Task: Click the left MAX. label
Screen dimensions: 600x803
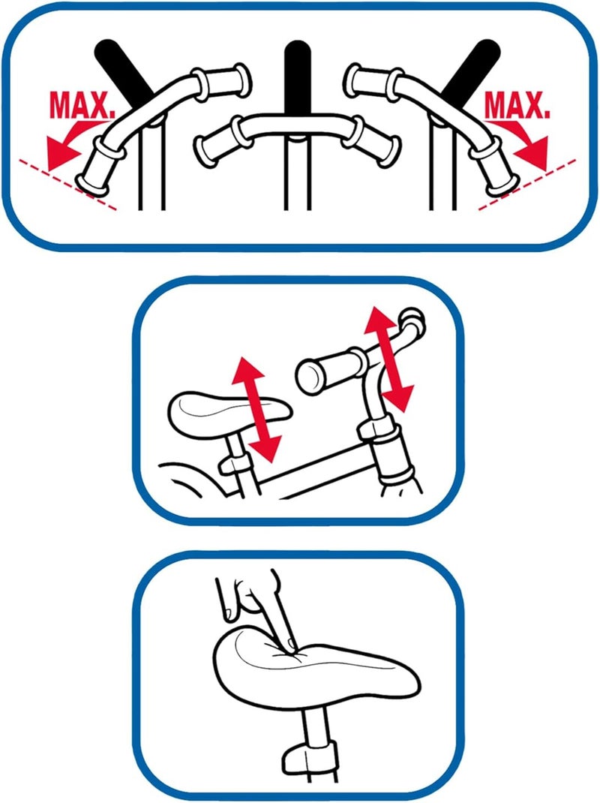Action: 82,106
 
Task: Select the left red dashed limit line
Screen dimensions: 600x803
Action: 67,185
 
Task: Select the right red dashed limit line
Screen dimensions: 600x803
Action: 526,185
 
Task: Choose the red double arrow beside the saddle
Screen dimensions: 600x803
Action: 256,410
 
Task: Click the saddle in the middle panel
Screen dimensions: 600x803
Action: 228,414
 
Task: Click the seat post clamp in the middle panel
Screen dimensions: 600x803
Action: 235,465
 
